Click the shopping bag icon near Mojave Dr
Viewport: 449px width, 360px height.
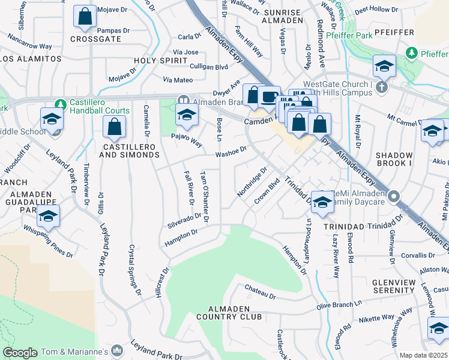pyautogui.click(x=85, y=17)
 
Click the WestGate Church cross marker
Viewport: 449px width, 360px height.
pyautogui.click(x=381, y=88)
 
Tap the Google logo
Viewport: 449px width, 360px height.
pyautogui.click(x=20, y=353)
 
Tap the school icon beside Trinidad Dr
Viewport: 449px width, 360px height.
pyautogui.click(x=322, y=202)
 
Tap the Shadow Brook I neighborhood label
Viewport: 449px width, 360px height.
pyautogui.click(x=394, y=159)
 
